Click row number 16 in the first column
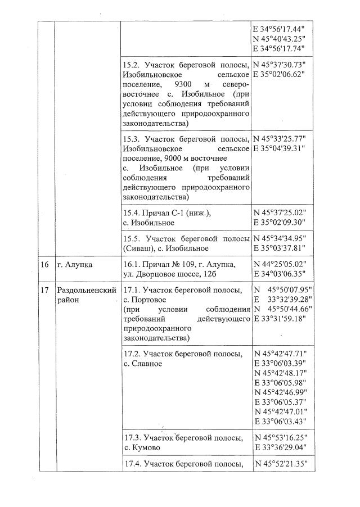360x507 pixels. tap(44, 265)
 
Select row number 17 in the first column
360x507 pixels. tap(44, 290)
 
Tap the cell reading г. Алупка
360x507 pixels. tap(74, 265)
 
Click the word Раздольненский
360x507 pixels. tap(87, 290)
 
